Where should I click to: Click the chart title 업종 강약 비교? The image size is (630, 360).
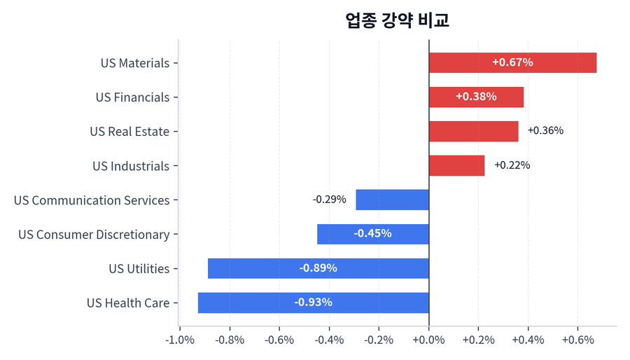click(x=397, y=20)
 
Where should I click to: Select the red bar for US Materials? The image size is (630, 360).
click(x=512, y=62)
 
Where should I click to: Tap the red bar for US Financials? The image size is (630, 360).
click(x=476, y=97)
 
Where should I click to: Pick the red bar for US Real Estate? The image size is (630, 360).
click(x=473, y=131)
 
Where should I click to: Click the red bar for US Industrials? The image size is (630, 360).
click(x=456, y=165)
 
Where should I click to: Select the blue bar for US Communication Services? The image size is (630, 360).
click(x=392, y=200)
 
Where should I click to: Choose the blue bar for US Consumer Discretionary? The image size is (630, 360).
click(x=372, y=234)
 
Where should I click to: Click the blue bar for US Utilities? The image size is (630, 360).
click(x=318, y=268)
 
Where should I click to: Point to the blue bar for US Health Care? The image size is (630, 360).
click(x=313, y=303)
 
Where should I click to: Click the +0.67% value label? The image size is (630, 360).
click(x=512, y=62)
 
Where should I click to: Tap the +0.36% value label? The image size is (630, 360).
click(x=545, y=131)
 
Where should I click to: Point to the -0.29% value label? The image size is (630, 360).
click(x=329, y=200)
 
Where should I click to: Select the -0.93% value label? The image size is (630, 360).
click(x=313, y=303)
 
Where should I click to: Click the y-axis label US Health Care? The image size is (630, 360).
click(x=128, y=303)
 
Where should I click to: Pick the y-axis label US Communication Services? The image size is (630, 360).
click(x=92, y=200)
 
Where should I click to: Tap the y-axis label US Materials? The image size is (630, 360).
click(x=135, y=63)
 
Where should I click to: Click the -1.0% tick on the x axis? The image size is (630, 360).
click(x=180, y=340)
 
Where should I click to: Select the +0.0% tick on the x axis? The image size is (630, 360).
click(x=428, y=340)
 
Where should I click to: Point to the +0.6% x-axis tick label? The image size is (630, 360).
click(x=577, y=340)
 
